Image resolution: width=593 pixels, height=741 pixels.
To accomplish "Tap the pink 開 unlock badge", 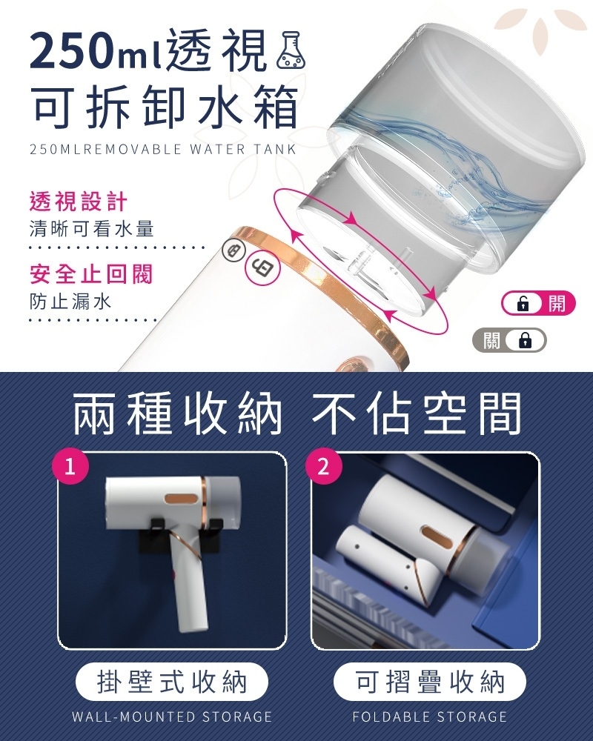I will coord(538,303).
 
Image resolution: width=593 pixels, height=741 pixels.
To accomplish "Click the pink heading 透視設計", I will coord(78,202).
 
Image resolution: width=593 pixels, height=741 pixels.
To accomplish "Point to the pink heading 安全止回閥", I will coord(90,274).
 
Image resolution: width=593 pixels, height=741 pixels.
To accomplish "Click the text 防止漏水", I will coord(70,301).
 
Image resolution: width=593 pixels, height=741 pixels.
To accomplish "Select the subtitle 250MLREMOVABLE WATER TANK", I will coord(163,150).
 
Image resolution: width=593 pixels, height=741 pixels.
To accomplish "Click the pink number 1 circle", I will coord(70,467).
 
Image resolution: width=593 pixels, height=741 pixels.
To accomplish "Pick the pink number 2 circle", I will coord(323,467).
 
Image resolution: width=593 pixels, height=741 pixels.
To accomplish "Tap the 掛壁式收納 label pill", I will coord(172,682).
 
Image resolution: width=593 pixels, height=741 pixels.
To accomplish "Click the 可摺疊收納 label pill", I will coord(430,682).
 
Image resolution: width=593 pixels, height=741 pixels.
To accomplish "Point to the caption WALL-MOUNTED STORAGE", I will coord(172,717).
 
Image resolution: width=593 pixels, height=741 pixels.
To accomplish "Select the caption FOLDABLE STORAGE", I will coord(430,717).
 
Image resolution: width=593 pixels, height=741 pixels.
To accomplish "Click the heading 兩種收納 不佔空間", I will coord(296,415).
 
